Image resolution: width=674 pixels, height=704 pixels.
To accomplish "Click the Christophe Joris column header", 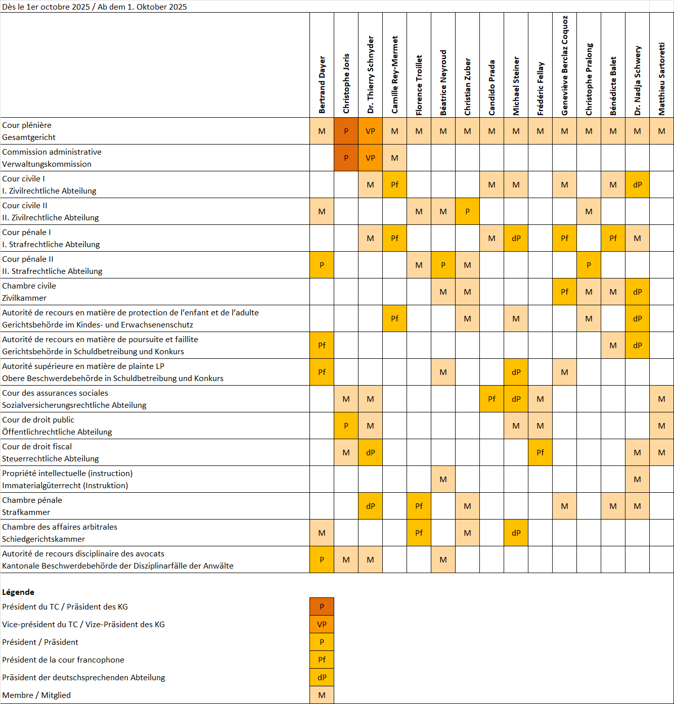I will pyautogui.click(x=346, y=83).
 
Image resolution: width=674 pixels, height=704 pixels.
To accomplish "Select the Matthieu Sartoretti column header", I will pyautogui.click(x=662, y=78).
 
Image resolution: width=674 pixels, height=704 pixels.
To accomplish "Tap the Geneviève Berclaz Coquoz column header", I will pyautogui.click(x=565, y=66).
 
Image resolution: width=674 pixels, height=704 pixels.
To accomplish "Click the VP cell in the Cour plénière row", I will pyautogui.click(x=371, y=131).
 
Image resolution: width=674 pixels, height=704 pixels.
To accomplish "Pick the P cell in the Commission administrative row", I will pyautogui.click(x=346, y=158).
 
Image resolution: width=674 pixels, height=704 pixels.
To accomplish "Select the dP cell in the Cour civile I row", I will pyautogui.click(x=638, y=185).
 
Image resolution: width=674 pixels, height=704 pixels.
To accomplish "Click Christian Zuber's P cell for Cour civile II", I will pyautogui.click(x=468, y=212).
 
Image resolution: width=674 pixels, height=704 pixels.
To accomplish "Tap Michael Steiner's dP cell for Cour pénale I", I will pyautogui.click(x=516, y=239).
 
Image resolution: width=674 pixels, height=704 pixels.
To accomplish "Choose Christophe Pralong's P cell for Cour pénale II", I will pyautogui.click(x=589, y=265).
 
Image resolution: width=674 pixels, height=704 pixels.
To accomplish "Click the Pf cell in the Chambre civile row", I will pyautogui.click(x=565, y=292).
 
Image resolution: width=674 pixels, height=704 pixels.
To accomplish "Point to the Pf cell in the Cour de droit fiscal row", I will pyautogui.click(x=541, y=453).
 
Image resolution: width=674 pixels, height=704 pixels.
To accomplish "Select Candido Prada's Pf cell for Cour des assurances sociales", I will pyautogui.click(x=492, y=399).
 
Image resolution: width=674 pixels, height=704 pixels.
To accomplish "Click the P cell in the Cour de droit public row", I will pyautogui.click(x=346, y=426).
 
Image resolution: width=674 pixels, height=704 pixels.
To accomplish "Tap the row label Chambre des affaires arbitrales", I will pyautogui.click(x=60, y=527).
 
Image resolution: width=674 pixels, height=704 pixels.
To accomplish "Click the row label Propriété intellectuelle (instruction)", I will pyautogui.click(x=67, y=474).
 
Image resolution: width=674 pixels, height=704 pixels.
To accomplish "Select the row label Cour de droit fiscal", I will pyautogui.click(x=37, y=447).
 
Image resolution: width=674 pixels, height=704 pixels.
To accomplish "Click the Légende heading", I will pyautogui.click(x=18, y=592).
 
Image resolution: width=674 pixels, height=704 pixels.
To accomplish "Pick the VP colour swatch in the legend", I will pyautogui.click(x=322, y=625).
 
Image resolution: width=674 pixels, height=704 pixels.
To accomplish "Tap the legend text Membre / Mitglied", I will pyautogui.click(x=36, y=695).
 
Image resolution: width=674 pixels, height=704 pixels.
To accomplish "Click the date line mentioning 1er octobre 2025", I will pyautogui.click(x=95, y=7).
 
